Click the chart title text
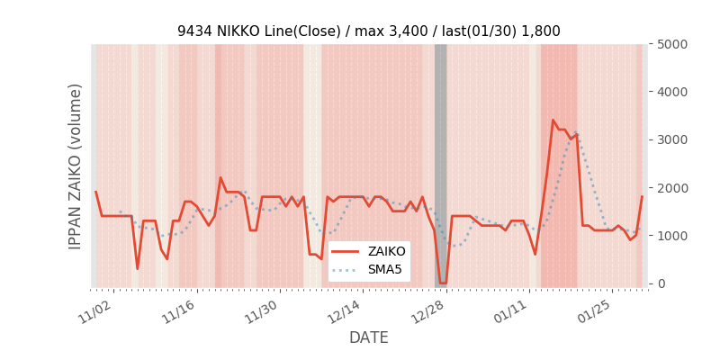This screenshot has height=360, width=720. point(368,31)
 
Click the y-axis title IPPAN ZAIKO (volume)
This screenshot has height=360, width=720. point(76,166)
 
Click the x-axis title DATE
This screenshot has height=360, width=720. point(368,337)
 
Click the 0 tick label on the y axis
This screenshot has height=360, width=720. point(661,283)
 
